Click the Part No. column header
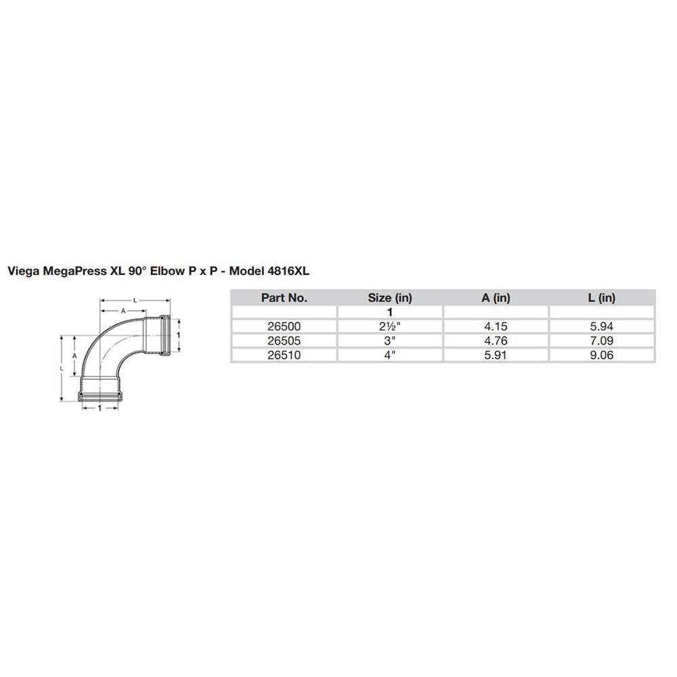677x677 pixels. [x=284, y=297]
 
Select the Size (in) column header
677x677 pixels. [x=389, y=297]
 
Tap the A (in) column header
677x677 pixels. [x=496, y=297]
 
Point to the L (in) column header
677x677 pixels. [x=602, y=297]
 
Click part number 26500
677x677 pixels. [x=284, y=326]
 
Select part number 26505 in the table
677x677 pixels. [x=284, y=340]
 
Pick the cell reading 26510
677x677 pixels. [x=284, y=354]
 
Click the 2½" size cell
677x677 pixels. [x=389, y=326]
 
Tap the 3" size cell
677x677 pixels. [x=389, y=340]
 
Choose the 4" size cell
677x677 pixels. [x=389, y=354]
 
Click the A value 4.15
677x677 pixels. [x=496, y=326]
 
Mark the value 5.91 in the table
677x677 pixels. [x=496, y=354]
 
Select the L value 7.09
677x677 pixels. [x=602, y=340]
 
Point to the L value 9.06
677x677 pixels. [x=602, y=354]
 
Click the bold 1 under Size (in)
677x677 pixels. [x=389, y=311]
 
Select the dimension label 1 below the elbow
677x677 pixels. [x=100, y=408]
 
